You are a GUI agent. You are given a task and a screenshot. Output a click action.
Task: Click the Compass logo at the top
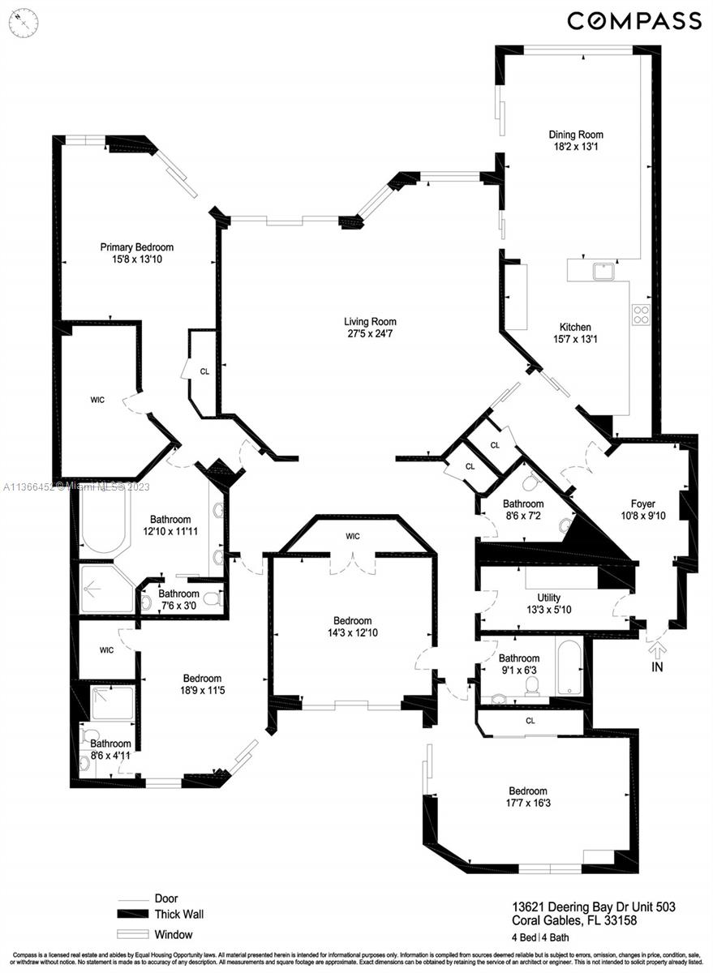[634, 20]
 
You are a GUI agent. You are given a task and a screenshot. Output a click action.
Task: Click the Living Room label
[370, 322]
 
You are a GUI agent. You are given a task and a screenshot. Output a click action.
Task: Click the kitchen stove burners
[641, 314]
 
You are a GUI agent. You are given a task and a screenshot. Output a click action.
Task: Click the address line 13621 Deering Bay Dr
[593, 907]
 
